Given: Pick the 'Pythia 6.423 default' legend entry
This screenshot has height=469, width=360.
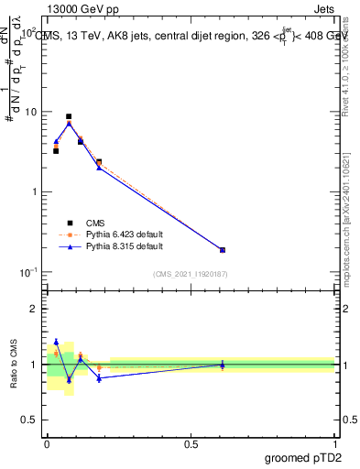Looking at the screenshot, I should point(124,234).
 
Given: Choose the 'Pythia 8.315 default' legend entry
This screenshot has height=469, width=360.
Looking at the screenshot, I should point(124,246).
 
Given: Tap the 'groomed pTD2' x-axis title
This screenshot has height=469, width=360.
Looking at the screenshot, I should point(301,455).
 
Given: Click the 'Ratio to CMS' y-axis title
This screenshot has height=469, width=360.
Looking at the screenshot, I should point(15,365).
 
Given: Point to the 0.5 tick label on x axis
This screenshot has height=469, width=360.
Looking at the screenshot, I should point(191,443).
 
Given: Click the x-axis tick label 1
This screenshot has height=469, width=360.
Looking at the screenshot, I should point(335,443).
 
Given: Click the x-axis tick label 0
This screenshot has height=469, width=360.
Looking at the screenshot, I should point(47,443).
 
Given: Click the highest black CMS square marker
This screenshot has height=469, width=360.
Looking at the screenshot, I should point(69,117).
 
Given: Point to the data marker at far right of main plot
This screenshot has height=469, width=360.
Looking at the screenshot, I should point(223,249).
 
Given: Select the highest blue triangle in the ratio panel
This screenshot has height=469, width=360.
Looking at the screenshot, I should point(56,342).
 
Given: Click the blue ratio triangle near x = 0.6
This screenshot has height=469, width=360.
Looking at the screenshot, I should point(223,365).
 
